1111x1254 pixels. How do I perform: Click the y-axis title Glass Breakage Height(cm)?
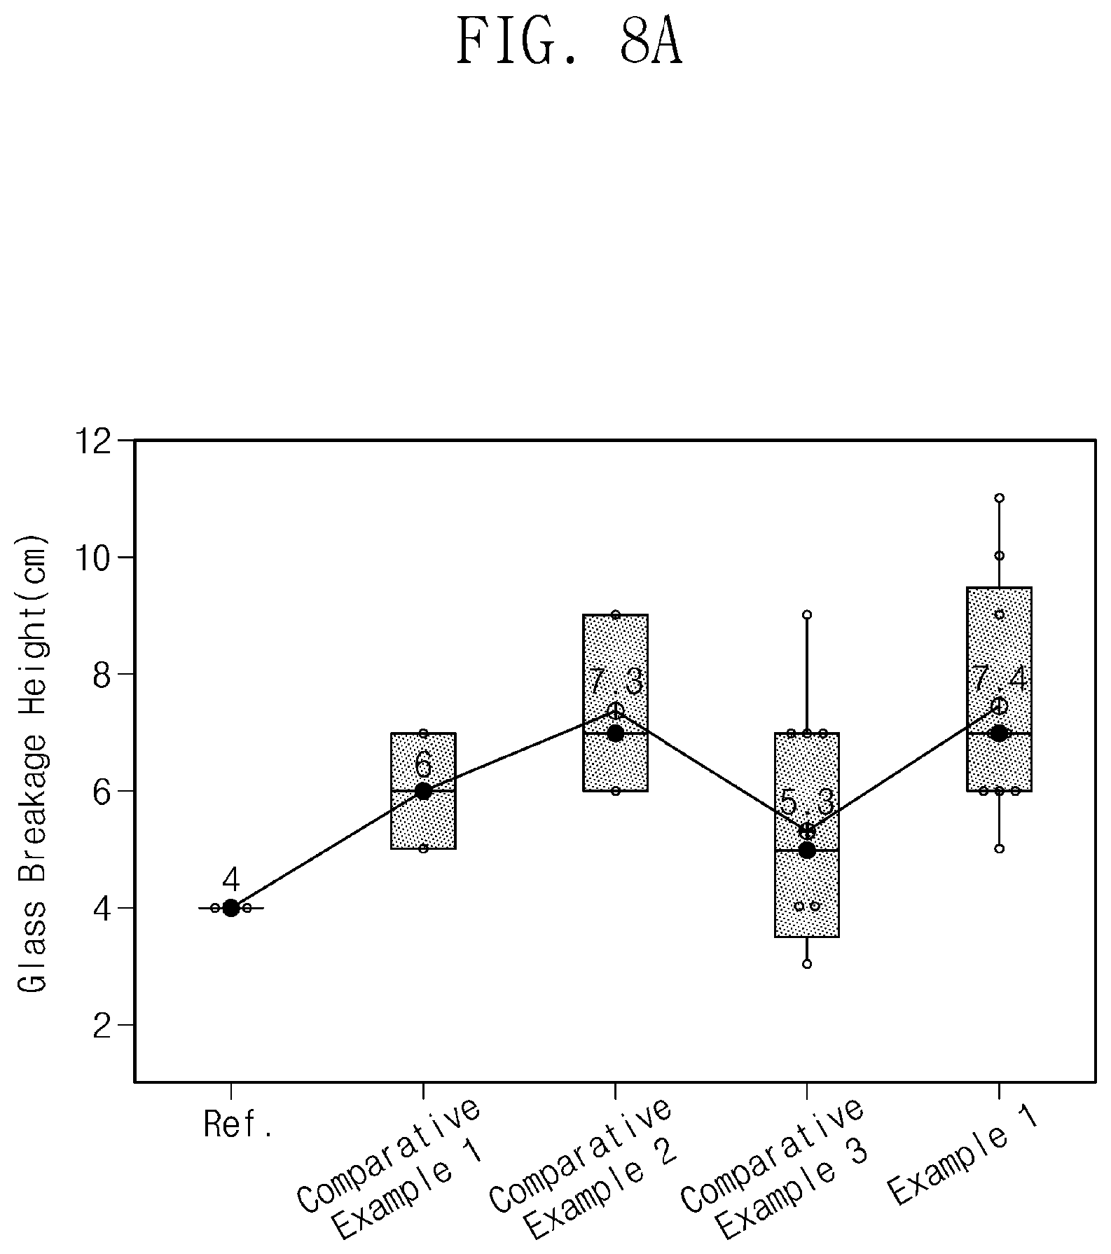[x=32, y=764]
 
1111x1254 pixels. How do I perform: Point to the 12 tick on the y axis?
[x=127, y=441]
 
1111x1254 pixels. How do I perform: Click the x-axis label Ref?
[x=237, y=1124]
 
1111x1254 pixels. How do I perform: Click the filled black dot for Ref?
[x=231, y=908]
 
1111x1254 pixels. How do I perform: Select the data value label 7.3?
[x=615, y=682]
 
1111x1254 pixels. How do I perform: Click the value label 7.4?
[x=999, y=678]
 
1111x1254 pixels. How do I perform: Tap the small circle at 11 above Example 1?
[x=1000, y=498]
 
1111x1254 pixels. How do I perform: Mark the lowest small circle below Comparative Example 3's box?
[x=807, y=964]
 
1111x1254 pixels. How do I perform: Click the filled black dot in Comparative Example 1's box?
[x=423, y=791]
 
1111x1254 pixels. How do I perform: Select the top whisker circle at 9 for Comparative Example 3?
[x=807, y=614]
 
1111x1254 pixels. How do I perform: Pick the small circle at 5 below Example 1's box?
[x=1000, y=848]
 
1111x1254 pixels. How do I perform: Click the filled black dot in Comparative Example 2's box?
[x=615, y=733]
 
